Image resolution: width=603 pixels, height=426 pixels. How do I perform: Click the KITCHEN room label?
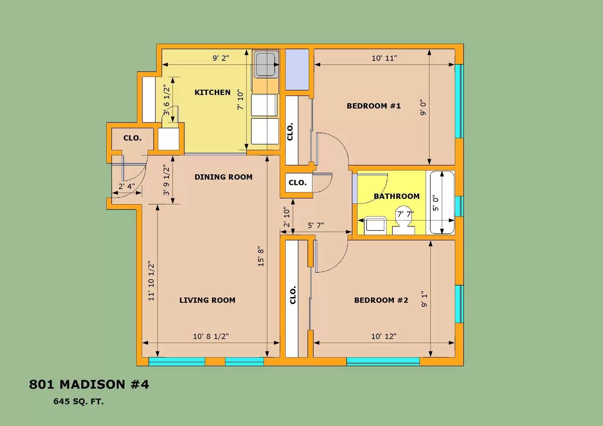pyautogui.click(x=212, y=92)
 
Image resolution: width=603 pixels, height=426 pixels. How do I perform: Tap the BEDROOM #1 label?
pyautogui.click(x=373, y=106)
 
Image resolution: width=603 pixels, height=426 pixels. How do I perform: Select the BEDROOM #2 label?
pyautogui.click(x=381, y=300)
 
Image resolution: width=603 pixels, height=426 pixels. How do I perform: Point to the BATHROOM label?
pyautogui.click(x=396, y=196)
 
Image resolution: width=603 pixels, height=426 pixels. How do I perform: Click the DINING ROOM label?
pyautogui.click(x=223, y=177)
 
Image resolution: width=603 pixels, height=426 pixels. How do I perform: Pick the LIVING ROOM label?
pyautogui.click(x=207, y=300)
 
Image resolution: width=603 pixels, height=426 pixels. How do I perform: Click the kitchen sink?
pyautogui.click(x=266, y=64)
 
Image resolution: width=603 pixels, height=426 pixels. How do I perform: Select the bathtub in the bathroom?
pyautogui.click(x=442, y=202)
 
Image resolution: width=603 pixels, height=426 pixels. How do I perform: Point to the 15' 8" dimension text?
pyautogui.click(x=261, y=257)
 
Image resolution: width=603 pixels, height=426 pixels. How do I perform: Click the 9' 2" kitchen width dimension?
pyautogui.click(x=221, y=58)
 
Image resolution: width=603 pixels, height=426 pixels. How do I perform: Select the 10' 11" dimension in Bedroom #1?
pyautogui.click(x=384, y=58)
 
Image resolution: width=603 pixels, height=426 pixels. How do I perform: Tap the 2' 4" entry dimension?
pyautogui.click(x=127, y=186)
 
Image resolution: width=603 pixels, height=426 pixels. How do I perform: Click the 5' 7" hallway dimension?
pyautogui.click(x=316, y=225)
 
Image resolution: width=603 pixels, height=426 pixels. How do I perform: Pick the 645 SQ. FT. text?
pyautogui.click(x=79, y=402)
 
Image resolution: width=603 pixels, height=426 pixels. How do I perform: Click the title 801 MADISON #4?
pyautogui.click(x=89, y=384)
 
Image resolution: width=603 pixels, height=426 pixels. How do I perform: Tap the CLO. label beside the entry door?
pyautogui.click(x=132, y=138)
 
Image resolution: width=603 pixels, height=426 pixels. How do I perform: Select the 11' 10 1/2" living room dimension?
pyautogui.click(x=152, y=280)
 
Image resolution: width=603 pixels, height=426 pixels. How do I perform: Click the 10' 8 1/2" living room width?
pyautogui.click(x=211, y=336)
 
